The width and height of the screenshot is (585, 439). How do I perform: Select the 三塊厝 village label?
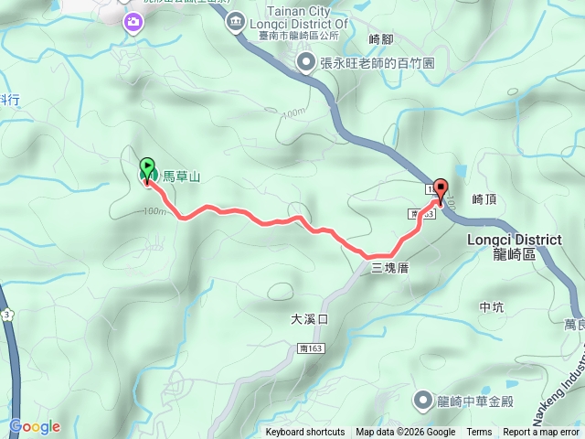388,268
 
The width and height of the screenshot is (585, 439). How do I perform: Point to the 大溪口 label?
309,319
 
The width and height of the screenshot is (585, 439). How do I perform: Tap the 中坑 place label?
491,307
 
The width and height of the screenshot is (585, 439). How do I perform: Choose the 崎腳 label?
379,39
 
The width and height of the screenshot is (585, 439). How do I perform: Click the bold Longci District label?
513,240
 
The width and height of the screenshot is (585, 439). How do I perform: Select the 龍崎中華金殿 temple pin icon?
422,400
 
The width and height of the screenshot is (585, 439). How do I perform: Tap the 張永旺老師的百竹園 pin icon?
305,62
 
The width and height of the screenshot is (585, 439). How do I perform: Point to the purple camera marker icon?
134,21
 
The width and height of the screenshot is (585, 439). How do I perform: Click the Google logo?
35,426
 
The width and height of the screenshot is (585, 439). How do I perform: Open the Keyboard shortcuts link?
305,433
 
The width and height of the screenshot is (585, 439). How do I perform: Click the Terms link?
479,433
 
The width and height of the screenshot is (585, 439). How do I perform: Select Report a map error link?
541,433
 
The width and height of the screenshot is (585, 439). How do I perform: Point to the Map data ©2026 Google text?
405,433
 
